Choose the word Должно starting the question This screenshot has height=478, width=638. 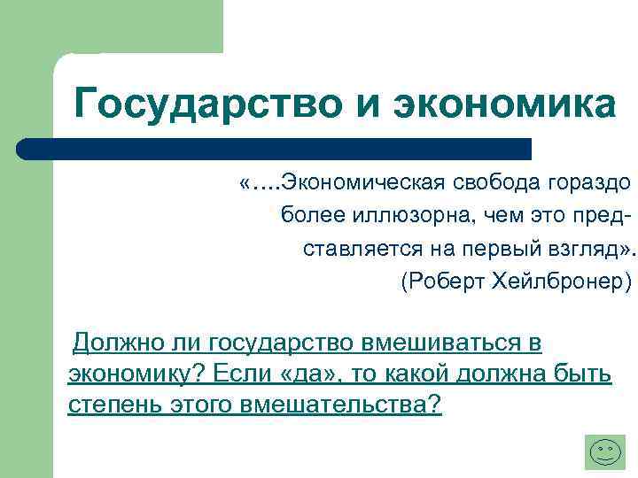click(x=114, y=342)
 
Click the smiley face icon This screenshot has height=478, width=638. click(x=606, y=452)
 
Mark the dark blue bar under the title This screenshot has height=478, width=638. click(x=275, y=148)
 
